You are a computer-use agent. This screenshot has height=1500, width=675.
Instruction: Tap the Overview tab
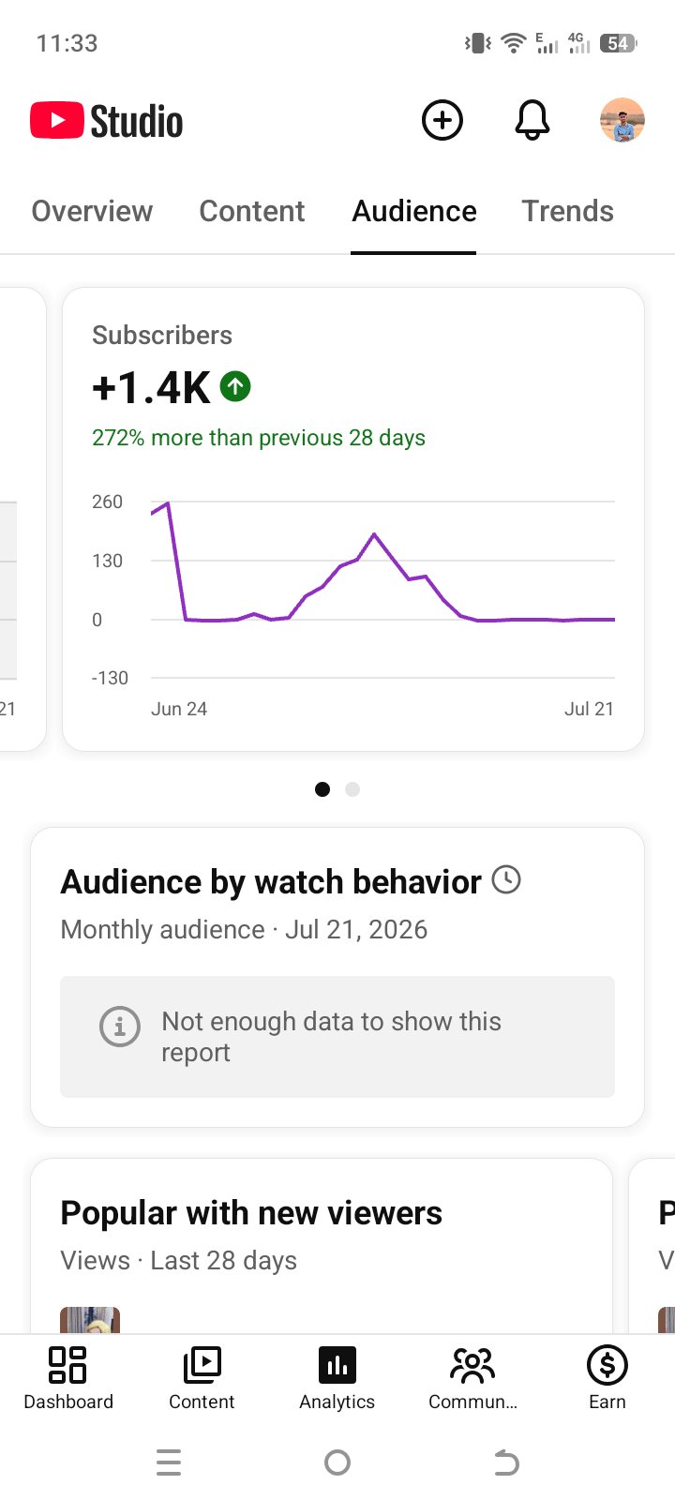click(93, 211)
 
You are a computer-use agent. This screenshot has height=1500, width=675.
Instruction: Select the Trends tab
click(567, 211)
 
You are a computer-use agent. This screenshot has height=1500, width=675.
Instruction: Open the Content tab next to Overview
click(252, 211)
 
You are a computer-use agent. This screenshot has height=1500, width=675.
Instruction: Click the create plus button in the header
click(442, 121)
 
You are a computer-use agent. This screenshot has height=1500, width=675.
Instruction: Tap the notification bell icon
click(532, 121)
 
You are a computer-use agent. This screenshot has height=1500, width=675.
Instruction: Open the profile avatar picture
click(622, 121)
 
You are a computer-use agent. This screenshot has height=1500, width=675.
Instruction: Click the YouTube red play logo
click(57, 121)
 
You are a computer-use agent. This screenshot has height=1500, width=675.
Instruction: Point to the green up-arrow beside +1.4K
click(235, 386)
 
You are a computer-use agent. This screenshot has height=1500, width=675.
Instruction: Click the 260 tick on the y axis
click(107, 502)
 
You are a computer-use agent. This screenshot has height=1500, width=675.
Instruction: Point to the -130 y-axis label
click(110, 678)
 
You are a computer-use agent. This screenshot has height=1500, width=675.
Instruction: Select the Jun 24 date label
click(179, 709)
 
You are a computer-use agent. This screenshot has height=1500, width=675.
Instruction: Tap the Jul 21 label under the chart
click(589, 709)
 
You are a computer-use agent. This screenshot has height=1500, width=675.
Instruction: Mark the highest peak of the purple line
click(168, 502)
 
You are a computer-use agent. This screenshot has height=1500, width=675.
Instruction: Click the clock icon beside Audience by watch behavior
click(506, 879)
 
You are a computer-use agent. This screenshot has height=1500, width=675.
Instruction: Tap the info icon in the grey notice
click(120, 1027)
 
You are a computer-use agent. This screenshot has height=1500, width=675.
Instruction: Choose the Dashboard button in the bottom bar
click(68, 1378)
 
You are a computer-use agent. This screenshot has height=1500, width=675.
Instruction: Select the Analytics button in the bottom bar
click(337, 1378)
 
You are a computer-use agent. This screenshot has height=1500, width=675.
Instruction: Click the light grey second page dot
click(352, 789)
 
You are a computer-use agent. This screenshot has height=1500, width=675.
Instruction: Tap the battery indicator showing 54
click(618, 43)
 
